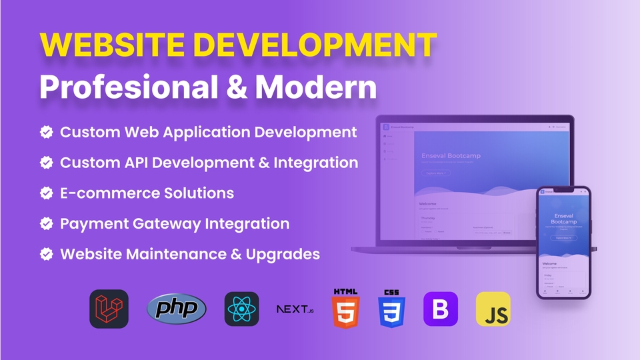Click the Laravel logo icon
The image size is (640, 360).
coord(109,309)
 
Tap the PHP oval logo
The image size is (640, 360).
coord(177,309)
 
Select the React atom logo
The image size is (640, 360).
coord(241,309)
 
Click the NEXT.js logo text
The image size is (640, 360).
coord(295,309)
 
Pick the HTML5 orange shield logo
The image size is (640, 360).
coord(345,308)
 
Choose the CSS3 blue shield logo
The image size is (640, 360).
coord(393,309)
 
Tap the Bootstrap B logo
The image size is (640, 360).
coord(441,309)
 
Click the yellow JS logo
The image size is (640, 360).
coord(493,309)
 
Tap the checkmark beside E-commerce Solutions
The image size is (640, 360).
coord(47,193)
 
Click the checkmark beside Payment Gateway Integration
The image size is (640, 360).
coord(47,224)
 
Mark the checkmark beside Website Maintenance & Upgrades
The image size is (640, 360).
coord(47,254)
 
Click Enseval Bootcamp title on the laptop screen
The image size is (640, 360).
coord(451,156)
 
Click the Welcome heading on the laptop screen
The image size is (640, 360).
coord(429,203)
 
